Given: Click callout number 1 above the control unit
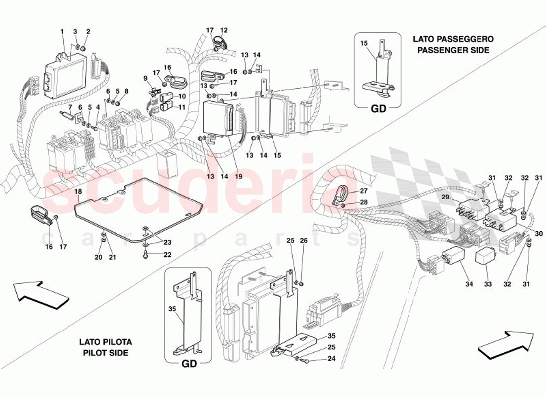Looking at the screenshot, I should pos(63,32).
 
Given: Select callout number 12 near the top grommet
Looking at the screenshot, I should pos(224,30).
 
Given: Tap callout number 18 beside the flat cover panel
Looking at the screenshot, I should pos(78,191).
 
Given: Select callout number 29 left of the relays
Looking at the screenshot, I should pos(446,198).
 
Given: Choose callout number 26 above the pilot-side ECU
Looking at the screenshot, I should pos(304,241).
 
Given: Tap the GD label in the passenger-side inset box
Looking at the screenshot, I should pos(379,110).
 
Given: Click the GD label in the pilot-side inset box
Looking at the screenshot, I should pos(189,364).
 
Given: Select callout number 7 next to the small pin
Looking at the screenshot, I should pos(70,107).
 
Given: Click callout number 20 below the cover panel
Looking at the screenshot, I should pos(98,257).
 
